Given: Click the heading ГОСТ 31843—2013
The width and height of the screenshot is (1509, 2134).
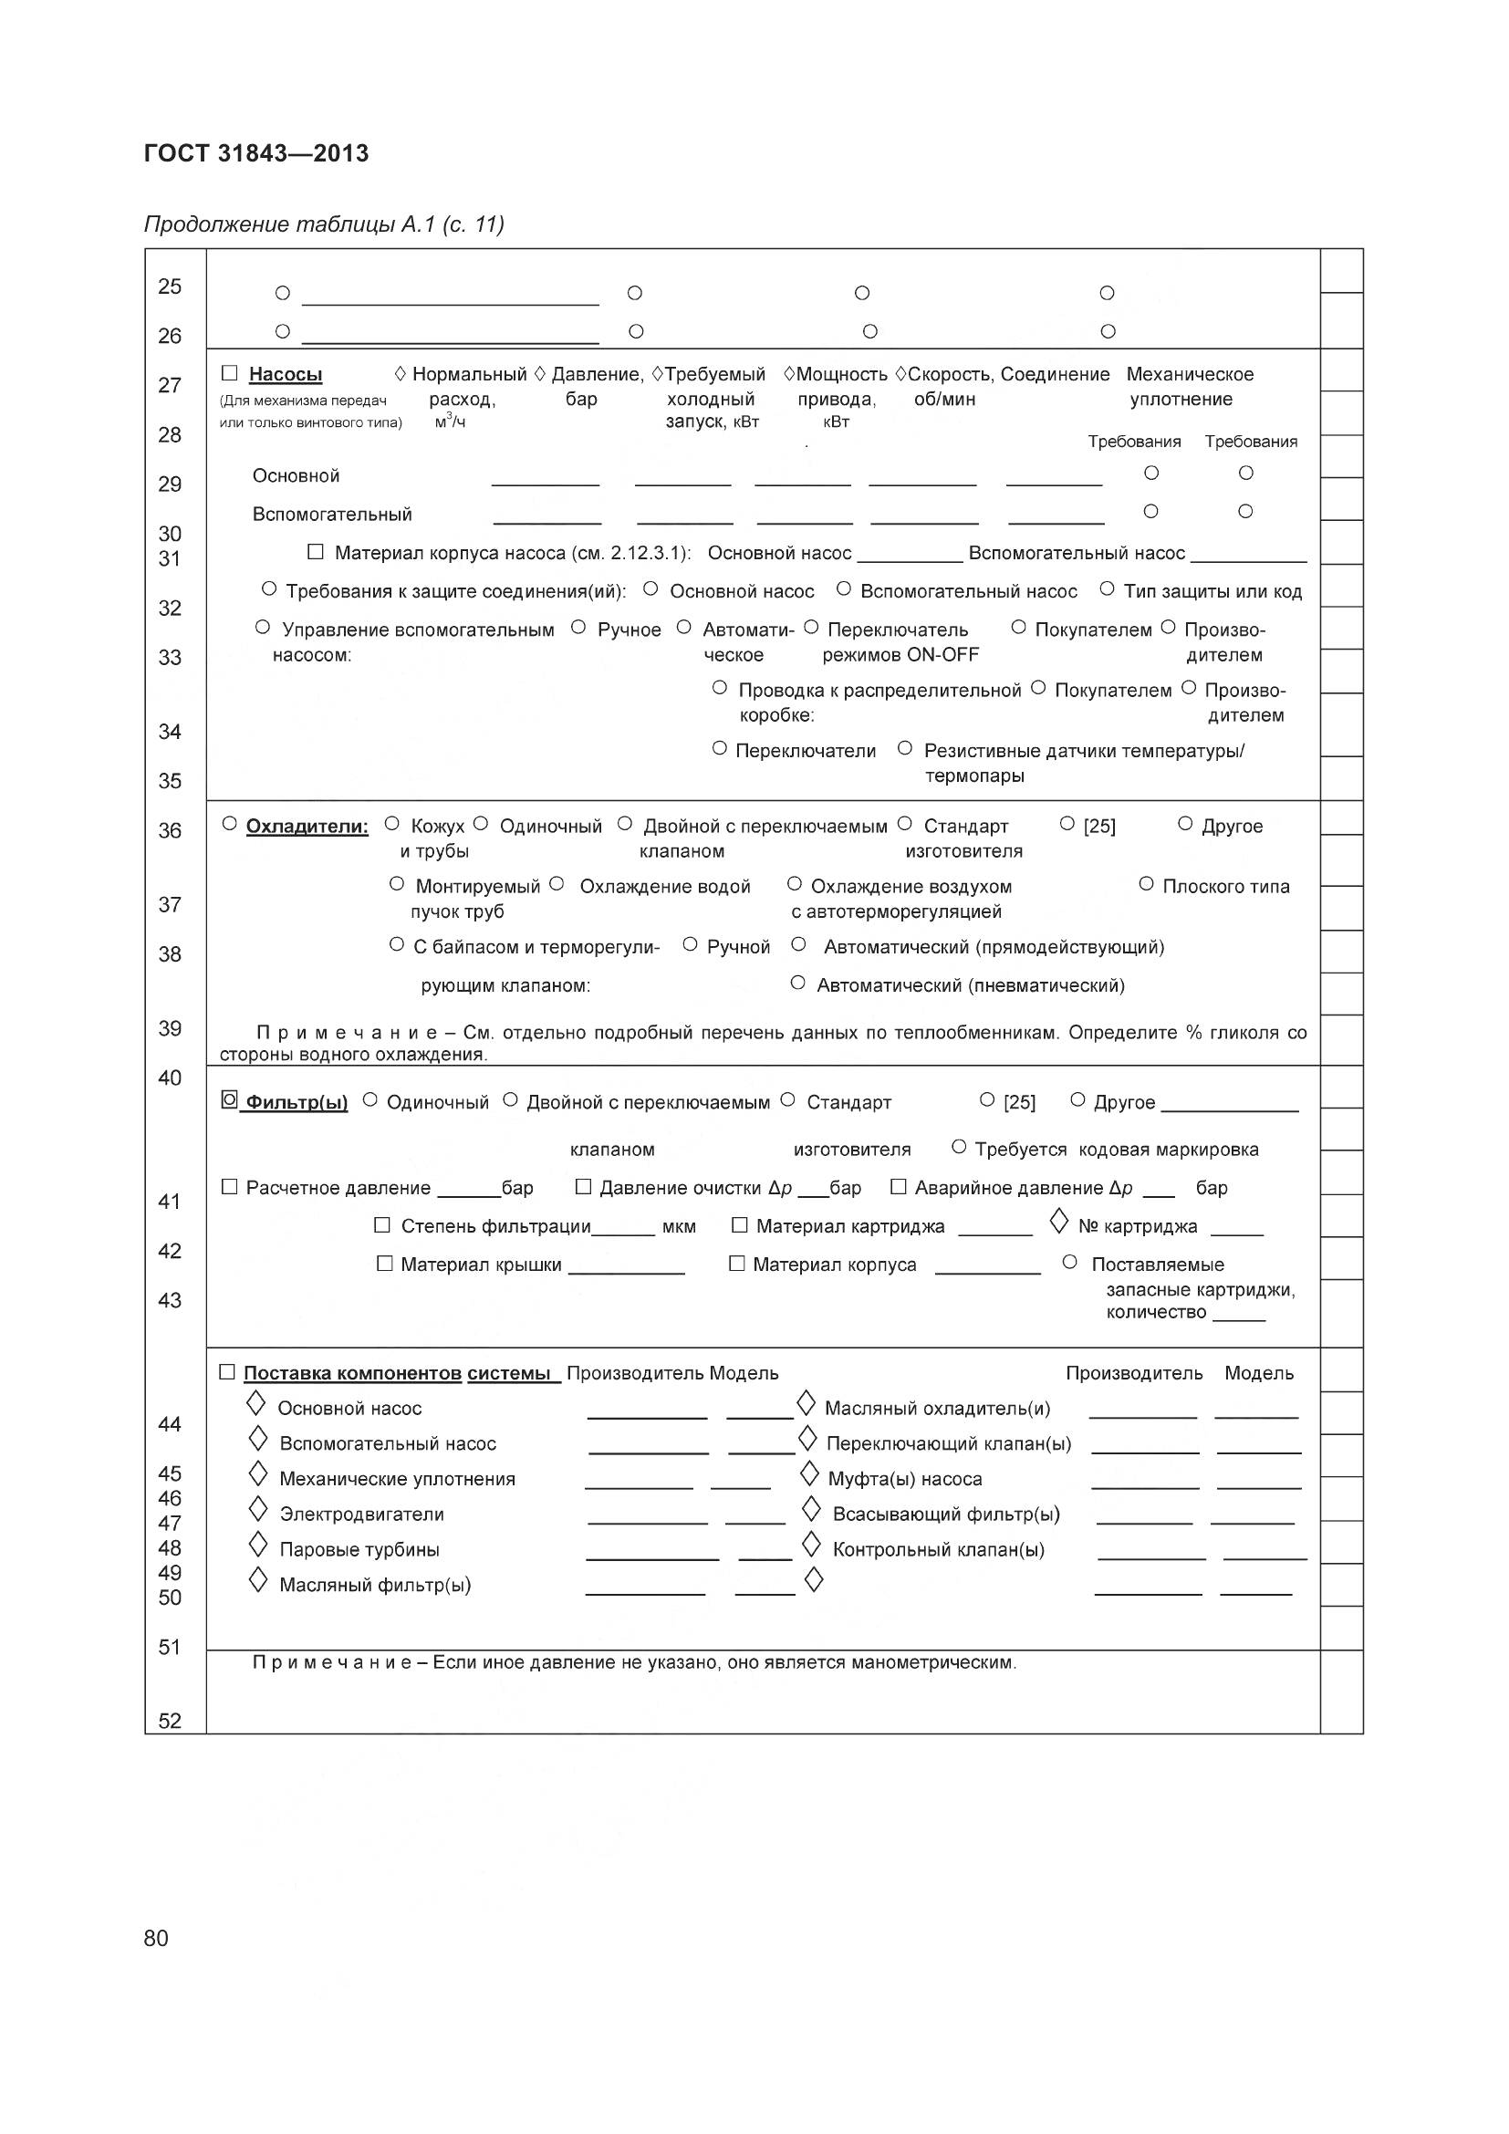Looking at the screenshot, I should pyautogui.click(x=256, y=153).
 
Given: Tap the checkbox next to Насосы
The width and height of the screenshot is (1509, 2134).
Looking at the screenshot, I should pyautogui.click(x=230, y=374).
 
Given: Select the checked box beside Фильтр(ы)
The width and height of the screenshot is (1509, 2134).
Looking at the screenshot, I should pyautogui.click(x=230, y=1099).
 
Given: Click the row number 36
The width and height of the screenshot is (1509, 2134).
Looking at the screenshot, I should pyautogui.click(x=170, y=830).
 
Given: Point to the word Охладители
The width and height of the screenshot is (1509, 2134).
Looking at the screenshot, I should pyautogui.click(x=307, y=827).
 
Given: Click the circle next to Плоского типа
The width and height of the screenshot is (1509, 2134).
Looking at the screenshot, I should pyautogui.click(x=1146, y=884).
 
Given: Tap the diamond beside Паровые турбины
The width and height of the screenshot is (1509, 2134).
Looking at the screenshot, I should pyautogui.click(x=258, y=1546).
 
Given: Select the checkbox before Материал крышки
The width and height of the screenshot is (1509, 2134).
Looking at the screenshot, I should pyautogui.click(x=385, y=1263).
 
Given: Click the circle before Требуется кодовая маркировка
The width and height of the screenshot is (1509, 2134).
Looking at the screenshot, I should pyautogui.click(x=960, y=1147).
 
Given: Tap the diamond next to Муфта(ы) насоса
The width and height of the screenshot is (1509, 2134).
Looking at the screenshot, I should pyautogui.click(x=810, y=1475).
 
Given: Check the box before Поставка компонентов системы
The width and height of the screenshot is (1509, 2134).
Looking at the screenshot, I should pyautogui.click(x=228, y=1372).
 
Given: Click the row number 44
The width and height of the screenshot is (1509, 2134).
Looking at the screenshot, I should pyautogui.click(x=170, y=1424).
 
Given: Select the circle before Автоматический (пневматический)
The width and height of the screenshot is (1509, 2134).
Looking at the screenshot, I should pyautogui.click(x=797, y=983).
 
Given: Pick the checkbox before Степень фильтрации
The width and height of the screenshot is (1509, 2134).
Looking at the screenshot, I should pyautogui.click(x=382, y=1225).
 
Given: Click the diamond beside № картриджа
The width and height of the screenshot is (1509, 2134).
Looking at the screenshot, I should pyautogui.click(x=1058, y=1223).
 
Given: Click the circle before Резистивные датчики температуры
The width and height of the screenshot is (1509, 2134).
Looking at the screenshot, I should pyautogui.click(x=905, y=748).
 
